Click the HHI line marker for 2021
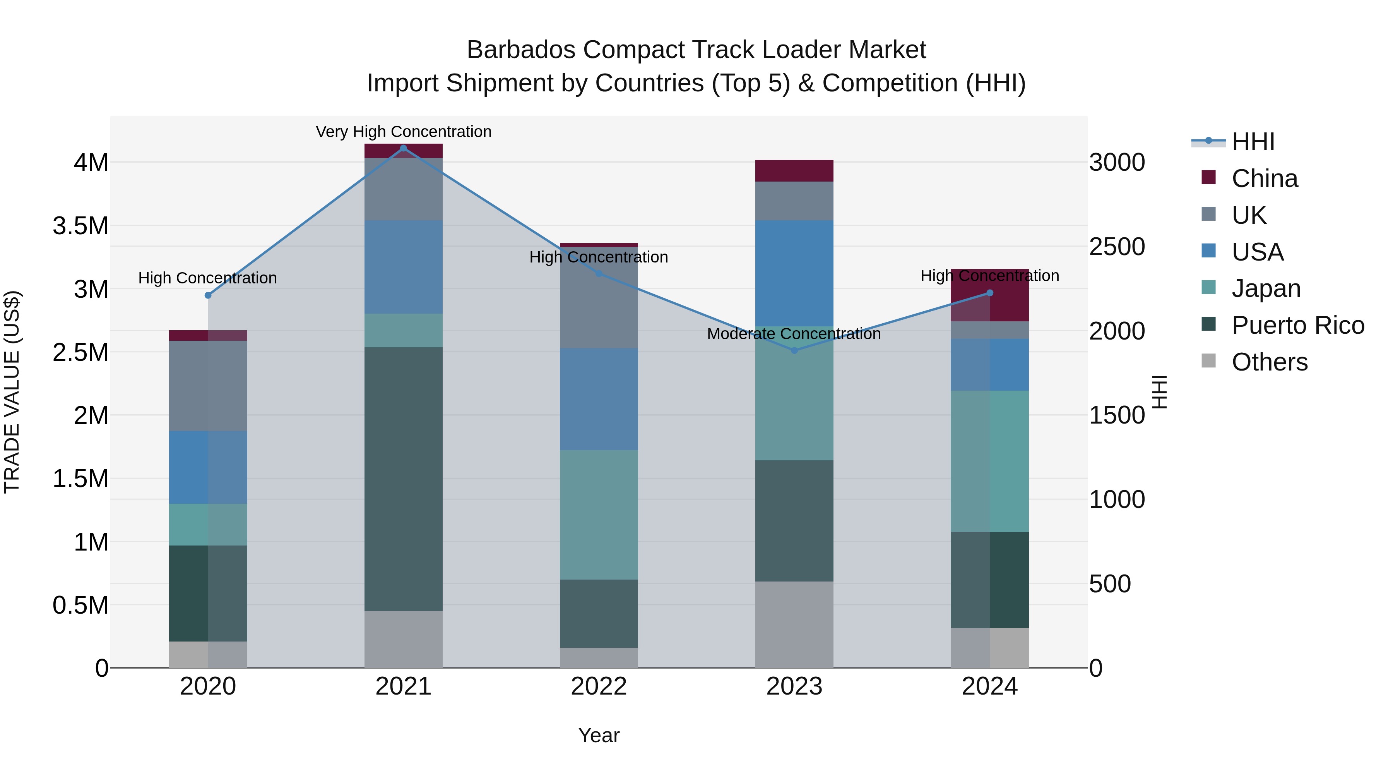404,148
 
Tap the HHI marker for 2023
794,351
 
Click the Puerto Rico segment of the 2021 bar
404,479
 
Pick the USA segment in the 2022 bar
599,399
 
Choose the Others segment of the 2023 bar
794,624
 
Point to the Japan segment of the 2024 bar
989,461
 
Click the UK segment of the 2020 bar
208,386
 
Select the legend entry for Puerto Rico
1298,325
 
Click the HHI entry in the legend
1253,142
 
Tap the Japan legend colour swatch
1208,288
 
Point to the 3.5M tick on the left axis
80,226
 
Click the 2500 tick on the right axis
1117,247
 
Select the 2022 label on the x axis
599,686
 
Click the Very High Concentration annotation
404,132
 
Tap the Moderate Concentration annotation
794,334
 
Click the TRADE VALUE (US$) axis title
12,392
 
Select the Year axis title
599,735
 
